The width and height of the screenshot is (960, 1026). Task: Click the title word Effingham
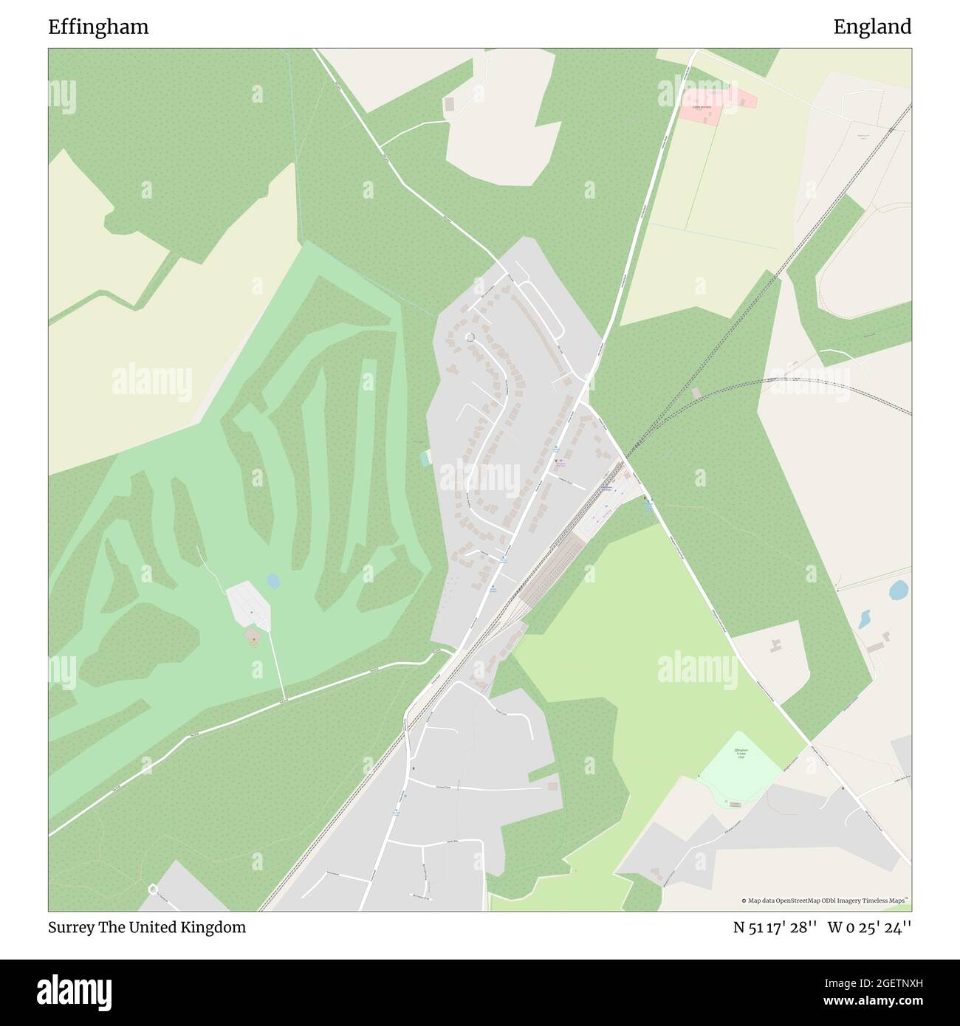pos(98,27)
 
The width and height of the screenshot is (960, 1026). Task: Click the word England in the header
pos(872,27)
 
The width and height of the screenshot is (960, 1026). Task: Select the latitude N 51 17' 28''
pos(775,927)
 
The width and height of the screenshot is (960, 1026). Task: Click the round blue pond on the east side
pos(899,590)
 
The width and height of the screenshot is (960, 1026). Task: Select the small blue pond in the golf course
pos(274,582)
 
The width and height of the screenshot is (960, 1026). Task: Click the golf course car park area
pos(247,602)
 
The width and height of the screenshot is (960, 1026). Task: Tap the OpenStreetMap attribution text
pos(825,901)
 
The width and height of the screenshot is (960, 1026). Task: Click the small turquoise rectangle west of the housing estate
pos(424,459)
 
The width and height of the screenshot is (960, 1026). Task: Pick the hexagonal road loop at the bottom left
pos(153,889)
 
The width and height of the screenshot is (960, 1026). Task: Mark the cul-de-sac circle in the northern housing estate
pos(469,337)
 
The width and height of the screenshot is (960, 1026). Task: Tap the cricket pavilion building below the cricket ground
pos(736,804)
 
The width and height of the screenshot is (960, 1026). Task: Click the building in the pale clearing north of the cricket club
pos(776,647)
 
